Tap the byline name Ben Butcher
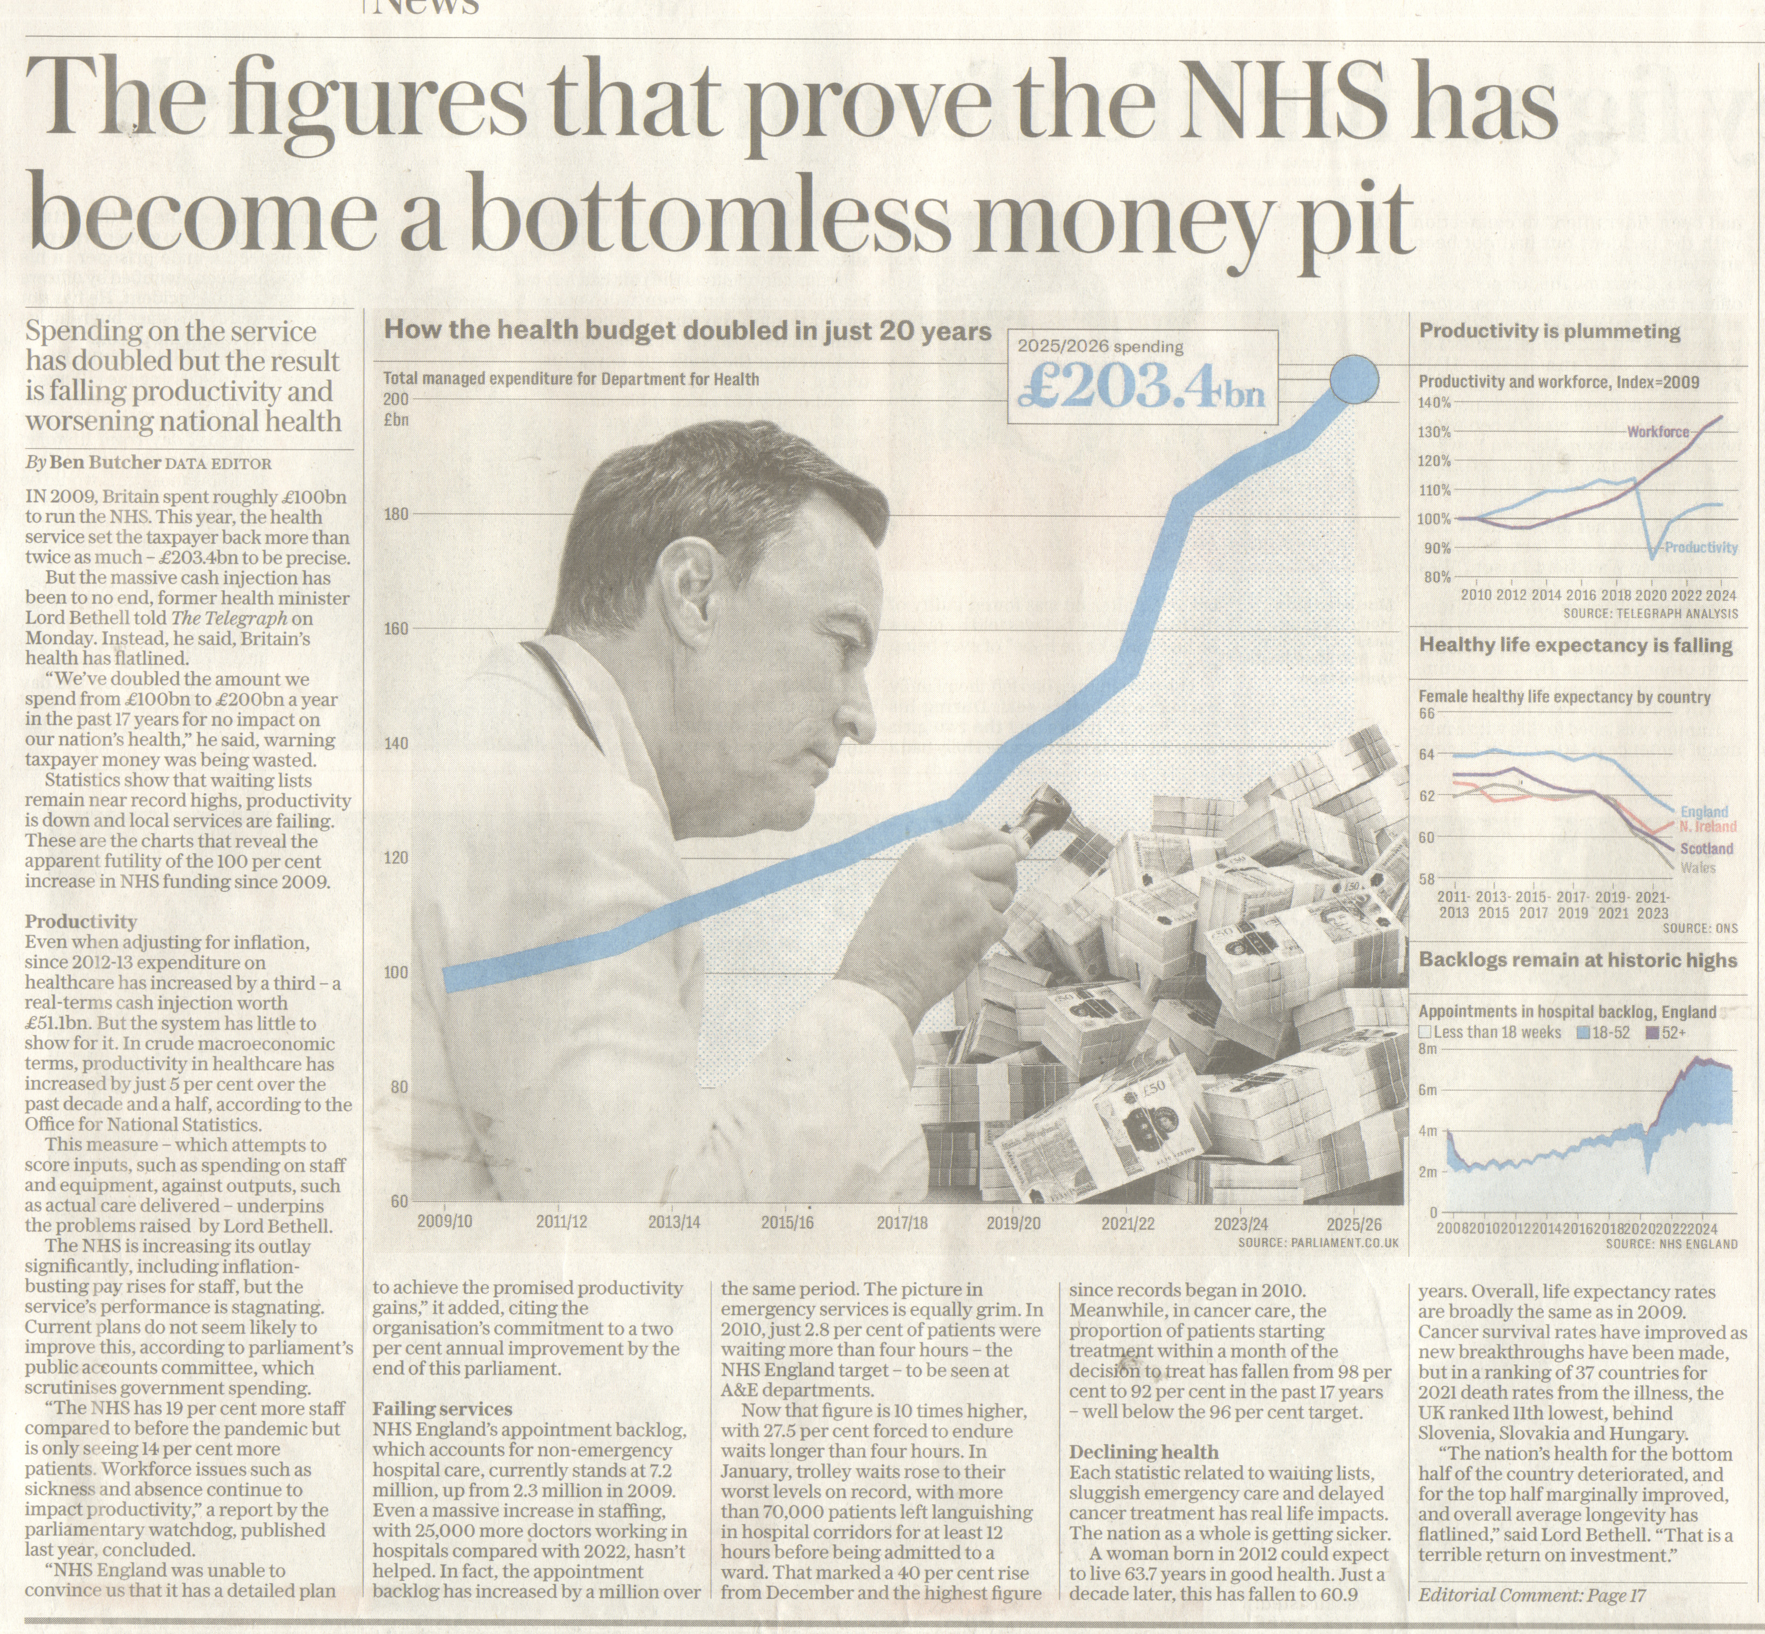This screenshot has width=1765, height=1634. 105,463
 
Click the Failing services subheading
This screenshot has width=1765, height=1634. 442,1409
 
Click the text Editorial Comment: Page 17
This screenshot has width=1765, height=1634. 1531,1595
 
